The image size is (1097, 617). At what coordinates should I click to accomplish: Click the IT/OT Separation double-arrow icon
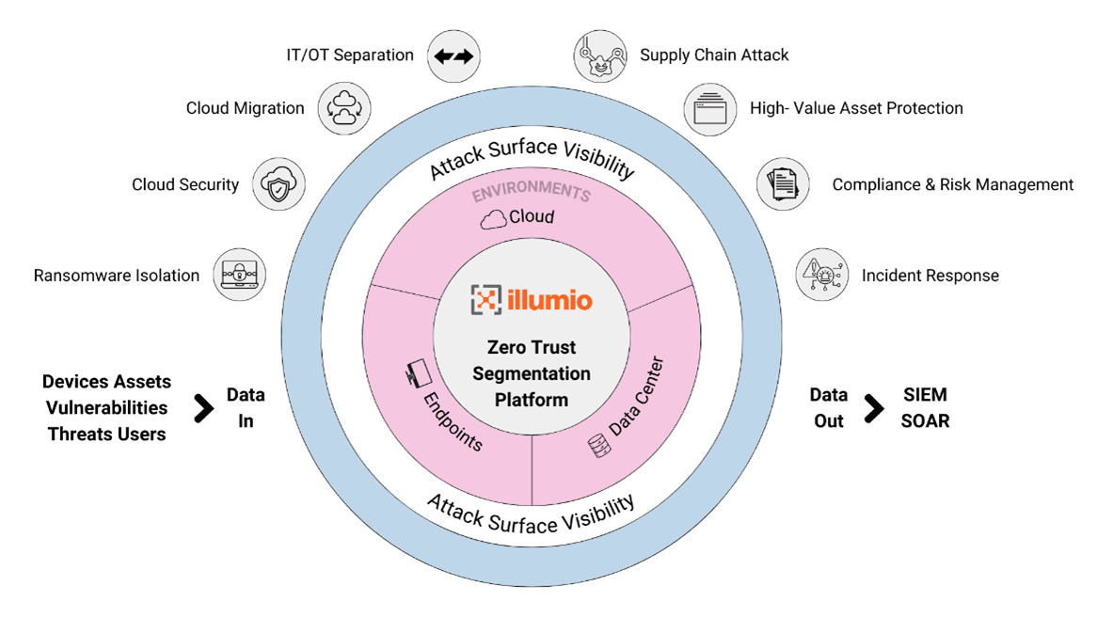tap(453, 55)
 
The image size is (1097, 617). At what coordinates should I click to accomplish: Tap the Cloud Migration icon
tap(343, 108)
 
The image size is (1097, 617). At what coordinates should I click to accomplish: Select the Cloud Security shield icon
tap(279, 184)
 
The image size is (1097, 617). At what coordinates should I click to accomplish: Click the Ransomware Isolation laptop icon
tap(239, 275)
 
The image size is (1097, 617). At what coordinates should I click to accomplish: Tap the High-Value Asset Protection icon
tap(708, 108)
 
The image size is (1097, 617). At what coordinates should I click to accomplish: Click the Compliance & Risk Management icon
tap(783, 184)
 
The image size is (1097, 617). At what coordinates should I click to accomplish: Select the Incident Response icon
tap(822, 275)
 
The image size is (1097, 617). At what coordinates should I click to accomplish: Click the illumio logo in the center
tap(532, 300)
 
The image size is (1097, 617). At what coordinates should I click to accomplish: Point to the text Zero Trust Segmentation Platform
tap(532, 373)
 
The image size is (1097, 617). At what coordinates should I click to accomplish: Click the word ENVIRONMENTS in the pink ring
tap(532, 192)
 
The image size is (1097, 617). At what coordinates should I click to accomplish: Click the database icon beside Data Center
tap(596, 445)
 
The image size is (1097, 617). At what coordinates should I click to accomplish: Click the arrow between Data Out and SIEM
tap(874, 408)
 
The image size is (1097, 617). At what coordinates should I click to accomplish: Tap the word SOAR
tap(925, 421)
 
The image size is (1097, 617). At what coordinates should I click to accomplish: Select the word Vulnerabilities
tap(106, 408)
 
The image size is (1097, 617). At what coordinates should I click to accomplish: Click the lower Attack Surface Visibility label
tap(531, 514)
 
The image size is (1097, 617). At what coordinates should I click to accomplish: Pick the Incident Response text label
tap(930, 276)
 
